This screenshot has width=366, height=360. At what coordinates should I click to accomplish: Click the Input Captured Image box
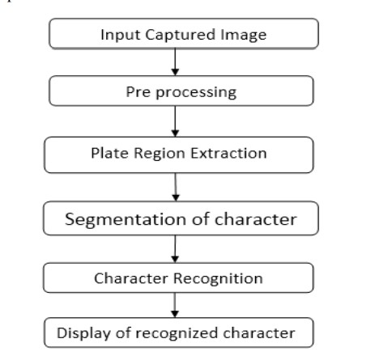tap(184, 36)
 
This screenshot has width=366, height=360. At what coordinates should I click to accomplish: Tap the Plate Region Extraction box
tap(179, 152)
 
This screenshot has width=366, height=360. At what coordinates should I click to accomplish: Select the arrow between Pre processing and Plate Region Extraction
tap(175, 121)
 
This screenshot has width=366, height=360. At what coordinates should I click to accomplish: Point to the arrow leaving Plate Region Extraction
tap(177, 185)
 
